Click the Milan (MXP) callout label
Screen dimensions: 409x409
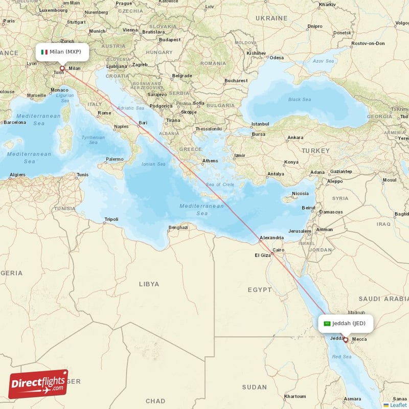point(62,52)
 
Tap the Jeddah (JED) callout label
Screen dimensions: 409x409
point(346,323)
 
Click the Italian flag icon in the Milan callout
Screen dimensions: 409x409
point(44,52)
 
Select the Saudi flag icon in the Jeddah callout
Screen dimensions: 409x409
point(327,323)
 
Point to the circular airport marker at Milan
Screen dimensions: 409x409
point(62,68)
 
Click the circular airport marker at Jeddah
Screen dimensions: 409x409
point(346,339)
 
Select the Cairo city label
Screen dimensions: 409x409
point(278,251)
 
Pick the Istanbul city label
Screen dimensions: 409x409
point(260,124)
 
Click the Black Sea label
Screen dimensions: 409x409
point(299,100)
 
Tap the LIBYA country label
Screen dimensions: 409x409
point(149,284)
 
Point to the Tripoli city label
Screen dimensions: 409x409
point(111,220)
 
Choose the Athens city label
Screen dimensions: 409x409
point(210,161)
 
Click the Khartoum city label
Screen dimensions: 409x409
point(295,396)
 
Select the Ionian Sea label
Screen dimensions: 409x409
point(153,164)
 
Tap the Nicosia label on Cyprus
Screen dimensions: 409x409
point(300,194)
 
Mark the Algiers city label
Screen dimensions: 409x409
point(18,175)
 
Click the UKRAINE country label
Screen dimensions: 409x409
point(271,18)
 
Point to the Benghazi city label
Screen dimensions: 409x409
point(178,228)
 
